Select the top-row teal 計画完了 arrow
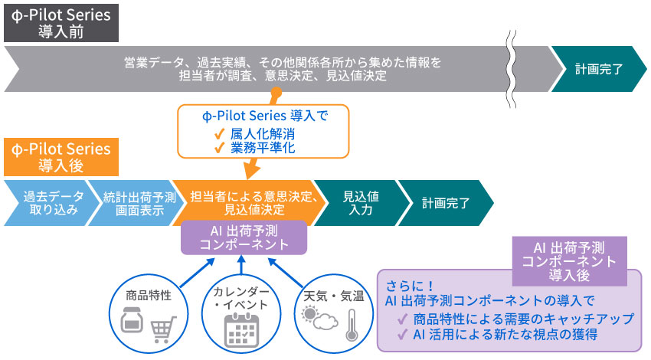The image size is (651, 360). click(598, 68)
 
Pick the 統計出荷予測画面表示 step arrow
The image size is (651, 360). click(130, 203)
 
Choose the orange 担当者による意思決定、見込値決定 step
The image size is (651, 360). click(245, 203)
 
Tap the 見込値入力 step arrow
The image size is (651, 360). click(357, 203)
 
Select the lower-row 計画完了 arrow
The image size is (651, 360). click(444, 203)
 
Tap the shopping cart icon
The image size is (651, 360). click(162, 329)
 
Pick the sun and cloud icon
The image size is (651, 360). click(319, 317)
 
